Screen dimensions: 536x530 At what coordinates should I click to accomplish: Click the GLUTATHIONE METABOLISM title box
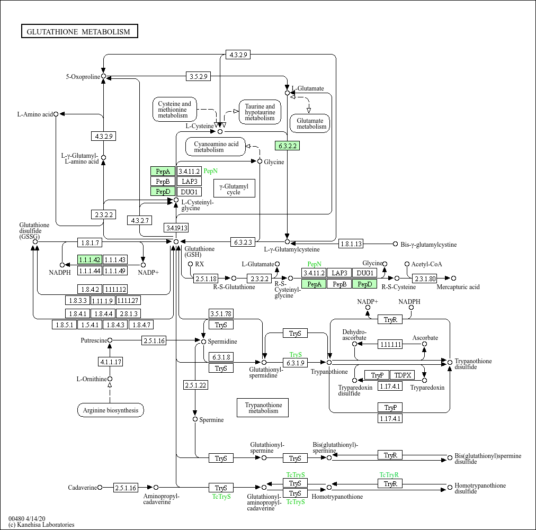(79, 31)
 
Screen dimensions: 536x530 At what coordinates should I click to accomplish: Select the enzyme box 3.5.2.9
(198, 76)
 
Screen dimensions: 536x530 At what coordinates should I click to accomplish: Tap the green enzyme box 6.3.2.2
(288, 146)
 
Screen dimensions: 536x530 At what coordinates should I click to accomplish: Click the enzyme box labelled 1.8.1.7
(90, 242)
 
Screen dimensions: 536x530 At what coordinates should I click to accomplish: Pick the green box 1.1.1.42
(90, 259)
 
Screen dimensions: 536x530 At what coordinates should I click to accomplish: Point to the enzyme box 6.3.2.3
(243, 242)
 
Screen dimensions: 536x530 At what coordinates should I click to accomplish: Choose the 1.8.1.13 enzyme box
(351, 244)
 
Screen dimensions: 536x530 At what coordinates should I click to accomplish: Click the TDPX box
(403, 375)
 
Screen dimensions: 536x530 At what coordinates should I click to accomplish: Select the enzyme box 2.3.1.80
(425, 279)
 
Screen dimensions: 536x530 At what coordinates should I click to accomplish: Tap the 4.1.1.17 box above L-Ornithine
(110, 362)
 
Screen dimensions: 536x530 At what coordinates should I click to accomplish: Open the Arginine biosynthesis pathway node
(110, 410)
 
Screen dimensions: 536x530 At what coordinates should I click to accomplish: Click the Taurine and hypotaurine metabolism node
(260, 112)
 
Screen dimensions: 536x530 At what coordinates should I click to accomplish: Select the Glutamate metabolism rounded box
(310, 123)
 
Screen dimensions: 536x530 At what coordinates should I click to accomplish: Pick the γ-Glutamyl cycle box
(234, 188)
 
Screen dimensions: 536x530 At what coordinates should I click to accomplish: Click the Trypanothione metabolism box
(263, 408)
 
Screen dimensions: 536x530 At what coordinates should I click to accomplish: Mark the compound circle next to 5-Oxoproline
(104, 76)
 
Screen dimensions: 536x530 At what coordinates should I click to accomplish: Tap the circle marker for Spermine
(195, 419)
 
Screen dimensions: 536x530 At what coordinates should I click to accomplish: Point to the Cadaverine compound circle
(100, 488)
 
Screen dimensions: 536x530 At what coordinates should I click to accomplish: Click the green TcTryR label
(389, 474)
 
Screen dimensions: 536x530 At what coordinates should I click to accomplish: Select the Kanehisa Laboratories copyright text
(41, 525)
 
